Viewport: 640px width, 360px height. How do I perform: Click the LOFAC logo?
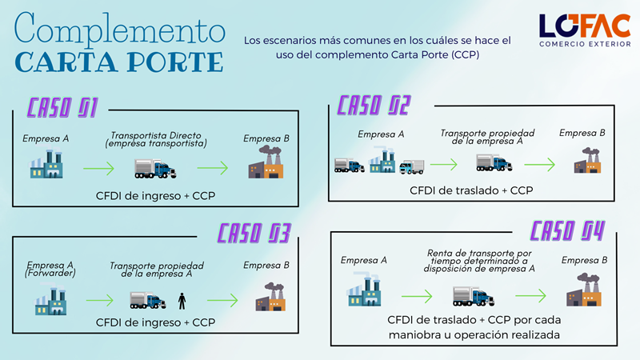(585, 30)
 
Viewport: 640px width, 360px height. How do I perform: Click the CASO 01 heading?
(62, 108)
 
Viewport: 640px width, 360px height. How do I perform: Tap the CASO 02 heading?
(374, 106)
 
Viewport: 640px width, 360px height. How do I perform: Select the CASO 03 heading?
(254, 234)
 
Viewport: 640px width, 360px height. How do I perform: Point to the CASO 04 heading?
(567, 231)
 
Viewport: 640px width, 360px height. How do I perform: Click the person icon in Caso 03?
(182, 301)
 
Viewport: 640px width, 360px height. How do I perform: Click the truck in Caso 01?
(155, 169)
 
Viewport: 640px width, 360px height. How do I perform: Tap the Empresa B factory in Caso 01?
(266, 162)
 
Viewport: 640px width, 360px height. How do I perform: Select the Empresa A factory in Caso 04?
(364, 290)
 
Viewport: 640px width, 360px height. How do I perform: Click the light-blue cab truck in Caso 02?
(412, 167)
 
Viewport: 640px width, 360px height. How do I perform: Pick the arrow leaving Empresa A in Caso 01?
(98, 168)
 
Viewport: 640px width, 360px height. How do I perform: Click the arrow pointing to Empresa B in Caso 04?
(530, 295)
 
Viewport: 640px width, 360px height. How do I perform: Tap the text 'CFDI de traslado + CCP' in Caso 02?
(471, 190)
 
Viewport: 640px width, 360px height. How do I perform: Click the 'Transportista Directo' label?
(156, 135)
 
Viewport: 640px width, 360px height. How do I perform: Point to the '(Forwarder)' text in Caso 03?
(50, 273)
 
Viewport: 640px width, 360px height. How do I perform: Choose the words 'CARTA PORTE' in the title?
(119, 62)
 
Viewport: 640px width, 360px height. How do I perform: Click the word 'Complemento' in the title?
(119, 29)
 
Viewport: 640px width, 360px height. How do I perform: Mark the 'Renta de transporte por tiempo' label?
(479, 257)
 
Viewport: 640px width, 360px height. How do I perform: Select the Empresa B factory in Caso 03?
(270, 297)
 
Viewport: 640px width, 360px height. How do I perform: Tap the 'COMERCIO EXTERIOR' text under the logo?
(585, 44)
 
